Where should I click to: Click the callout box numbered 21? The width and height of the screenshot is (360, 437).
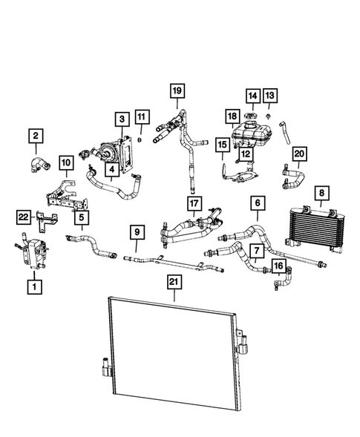pos(174,283)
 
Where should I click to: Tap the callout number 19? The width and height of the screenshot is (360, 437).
pos(177,91)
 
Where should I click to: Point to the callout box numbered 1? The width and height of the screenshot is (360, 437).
pos(33,284)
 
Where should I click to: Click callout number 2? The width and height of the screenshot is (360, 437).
pos(36,136)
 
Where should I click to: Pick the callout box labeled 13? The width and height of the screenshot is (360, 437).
pos(270,96)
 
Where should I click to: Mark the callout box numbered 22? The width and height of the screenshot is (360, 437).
pos(24,216)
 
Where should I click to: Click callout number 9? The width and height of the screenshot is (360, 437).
pos(138,232)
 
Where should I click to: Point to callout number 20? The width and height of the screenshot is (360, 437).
pos(298,154)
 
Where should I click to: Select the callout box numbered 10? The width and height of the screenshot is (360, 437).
pos(65,162)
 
